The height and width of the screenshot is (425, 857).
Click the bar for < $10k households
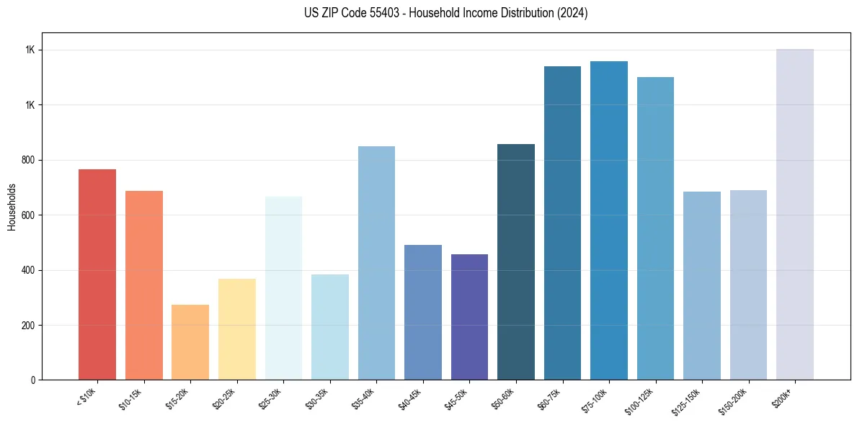(97, 274)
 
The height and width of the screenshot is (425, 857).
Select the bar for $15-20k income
(190, 342)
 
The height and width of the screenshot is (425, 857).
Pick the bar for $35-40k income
(376, 263)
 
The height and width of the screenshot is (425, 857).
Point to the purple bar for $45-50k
(469, 317)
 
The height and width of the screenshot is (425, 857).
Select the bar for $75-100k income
(609, 220)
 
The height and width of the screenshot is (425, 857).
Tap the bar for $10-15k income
(144, 285)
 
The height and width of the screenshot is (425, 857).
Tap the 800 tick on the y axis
(28, 160)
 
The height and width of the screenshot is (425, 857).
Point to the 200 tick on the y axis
(28, 325)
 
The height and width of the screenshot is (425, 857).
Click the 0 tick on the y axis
(32, 380)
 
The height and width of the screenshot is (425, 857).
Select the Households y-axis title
(12, 206)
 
